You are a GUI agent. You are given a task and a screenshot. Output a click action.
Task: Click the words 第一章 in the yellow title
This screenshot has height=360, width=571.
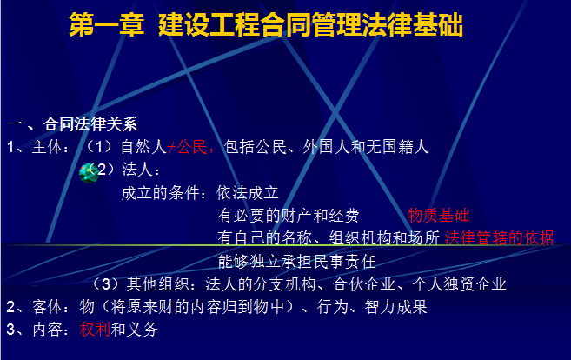(106, 24)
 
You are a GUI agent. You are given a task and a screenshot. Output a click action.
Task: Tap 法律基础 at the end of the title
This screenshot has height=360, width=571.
(412, 24)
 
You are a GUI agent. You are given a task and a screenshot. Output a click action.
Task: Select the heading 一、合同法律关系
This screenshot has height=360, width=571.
(72, 123)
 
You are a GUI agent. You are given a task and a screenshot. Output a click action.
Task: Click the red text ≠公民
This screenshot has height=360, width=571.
(187, 147)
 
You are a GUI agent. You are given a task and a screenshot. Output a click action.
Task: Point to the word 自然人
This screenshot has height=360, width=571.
(143, 147)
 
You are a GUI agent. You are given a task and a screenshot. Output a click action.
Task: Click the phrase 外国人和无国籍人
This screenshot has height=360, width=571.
(366, 147)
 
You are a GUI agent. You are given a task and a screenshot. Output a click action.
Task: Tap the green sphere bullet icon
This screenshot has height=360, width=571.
(89, 173)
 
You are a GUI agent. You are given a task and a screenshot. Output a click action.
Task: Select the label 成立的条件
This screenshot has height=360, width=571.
(161, 193)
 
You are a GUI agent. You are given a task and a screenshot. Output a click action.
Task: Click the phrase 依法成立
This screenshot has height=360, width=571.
(248, 193)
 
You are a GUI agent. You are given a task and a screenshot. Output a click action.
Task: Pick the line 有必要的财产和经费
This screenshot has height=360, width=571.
(289, 216)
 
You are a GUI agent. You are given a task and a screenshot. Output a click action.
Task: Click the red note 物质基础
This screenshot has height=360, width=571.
(438, 216)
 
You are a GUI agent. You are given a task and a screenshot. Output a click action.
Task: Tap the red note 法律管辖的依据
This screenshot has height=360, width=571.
(499, 238)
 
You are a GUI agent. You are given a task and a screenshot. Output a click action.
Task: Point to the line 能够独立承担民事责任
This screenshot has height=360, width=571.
(296, 261)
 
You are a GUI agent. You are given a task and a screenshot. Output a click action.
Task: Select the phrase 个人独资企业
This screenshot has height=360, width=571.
(459, 284)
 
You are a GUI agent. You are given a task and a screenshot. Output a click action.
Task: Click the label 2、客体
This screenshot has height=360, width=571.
(35, 307)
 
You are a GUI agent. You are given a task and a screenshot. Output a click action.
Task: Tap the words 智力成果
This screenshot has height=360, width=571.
(395, 307)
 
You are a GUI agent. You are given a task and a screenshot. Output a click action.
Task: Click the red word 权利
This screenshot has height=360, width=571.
(95, 330)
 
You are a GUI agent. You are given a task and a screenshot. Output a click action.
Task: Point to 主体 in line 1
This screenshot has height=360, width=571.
(47, 147)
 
